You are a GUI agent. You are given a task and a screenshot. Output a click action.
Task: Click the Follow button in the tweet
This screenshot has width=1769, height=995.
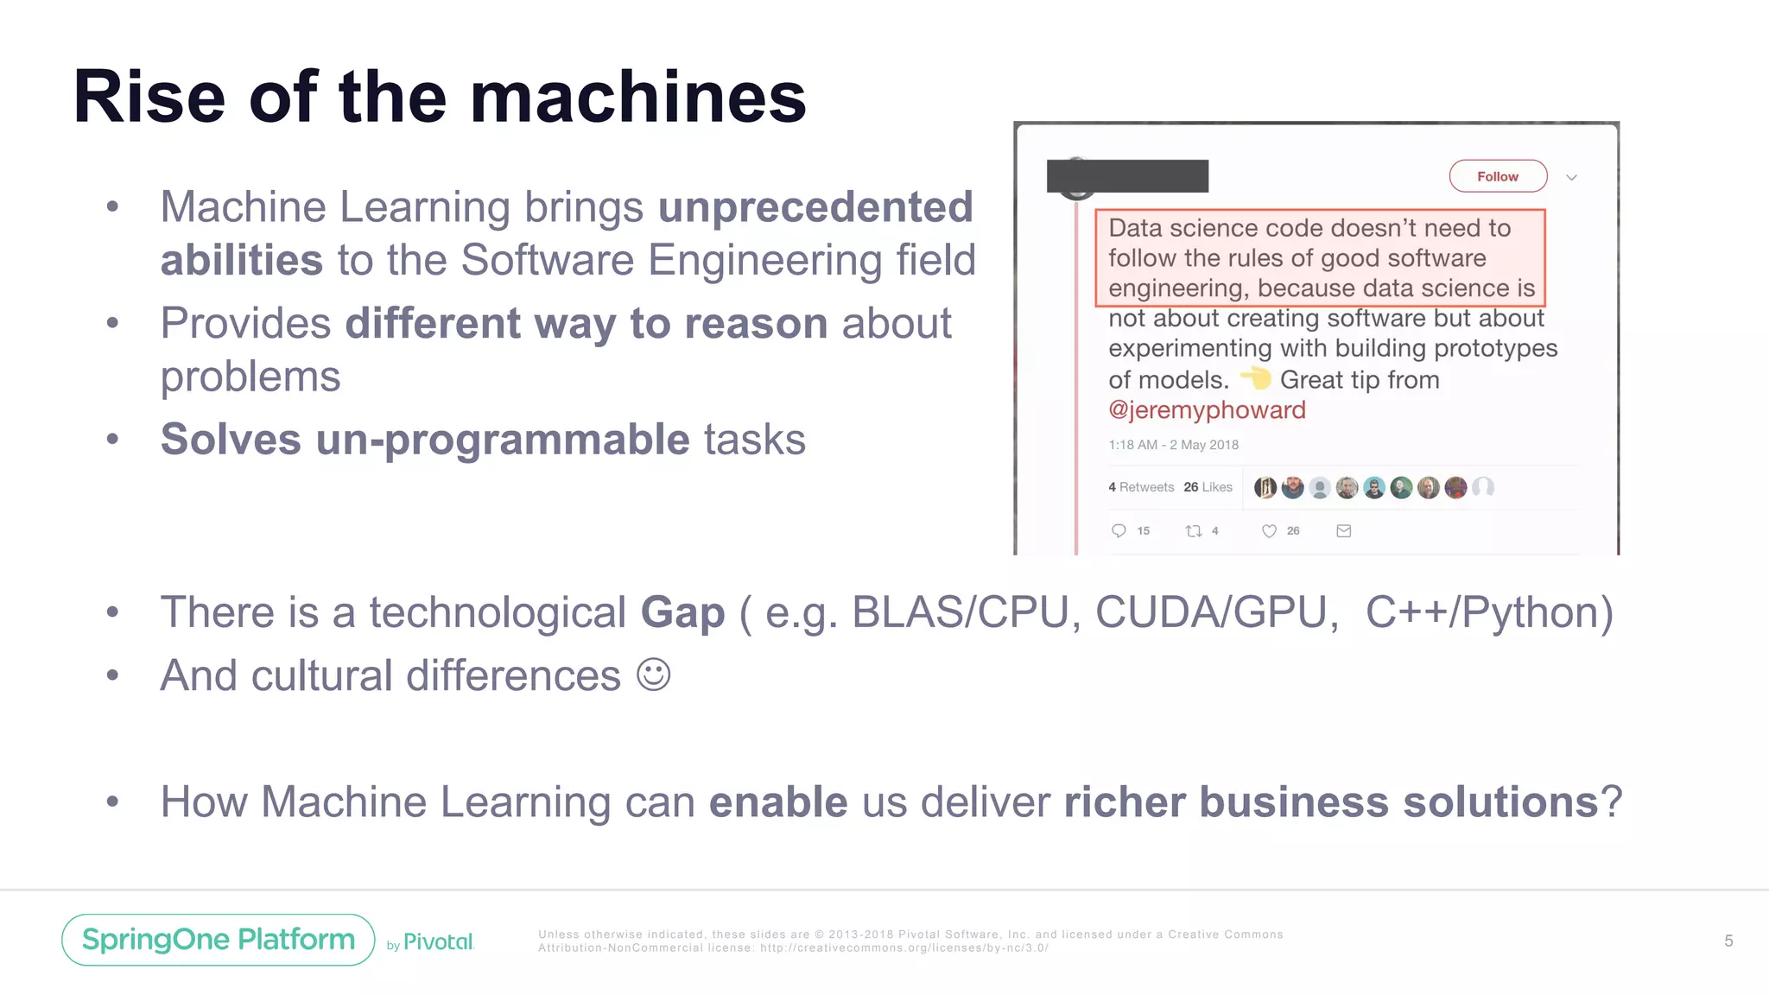[1497, 176]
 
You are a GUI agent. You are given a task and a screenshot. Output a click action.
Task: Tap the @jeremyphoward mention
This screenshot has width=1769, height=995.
[1207, 409]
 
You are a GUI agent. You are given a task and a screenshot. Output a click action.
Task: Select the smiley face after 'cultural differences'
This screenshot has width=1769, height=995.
[653, 675]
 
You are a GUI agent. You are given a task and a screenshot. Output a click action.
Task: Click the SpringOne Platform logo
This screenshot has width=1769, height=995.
[219, 939]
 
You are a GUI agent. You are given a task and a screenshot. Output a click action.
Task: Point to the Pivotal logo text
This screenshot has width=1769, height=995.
[438, 942]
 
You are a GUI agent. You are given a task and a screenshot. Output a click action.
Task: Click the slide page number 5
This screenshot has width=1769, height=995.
[1728, 941]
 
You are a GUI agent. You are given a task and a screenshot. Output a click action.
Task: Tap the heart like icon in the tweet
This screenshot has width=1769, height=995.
[1269, 531]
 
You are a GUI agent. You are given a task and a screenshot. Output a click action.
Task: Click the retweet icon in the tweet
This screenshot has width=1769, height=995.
[1194, 531]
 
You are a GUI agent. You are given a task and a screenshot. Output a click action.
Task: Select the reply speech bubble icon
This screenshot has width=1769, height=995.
[1119, 530]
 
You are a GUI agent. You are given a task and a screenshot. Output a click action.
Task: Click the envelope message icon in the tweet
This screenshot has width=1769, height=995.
[1344, 531]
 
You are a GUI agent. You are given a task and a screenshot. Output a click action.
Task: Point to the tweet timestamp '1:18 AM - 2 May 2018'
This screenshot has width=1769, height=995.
[1173, 445]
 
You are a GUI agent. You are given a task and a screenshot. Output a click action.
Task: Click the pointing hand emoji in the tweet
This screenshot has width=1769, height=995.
[1256, 378]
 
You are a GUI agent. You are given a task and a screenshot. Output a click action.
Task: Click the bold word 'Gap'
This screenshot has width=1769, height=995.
[682, 612]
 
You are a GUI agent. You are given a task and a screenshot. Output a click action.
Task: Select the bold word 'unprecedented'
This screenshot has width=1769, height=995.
[815, 207]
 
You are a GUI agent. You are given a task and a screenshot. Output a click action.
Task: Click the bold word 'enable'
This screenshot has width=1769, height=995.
[778, 802]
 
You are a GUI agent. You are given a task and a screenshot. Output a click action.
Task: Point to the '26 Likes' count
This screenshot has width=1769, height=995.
[1208, 487]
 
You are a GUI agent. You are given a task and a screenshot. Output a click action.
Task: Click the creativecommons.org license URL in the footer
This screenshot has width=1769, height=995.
[904, 948]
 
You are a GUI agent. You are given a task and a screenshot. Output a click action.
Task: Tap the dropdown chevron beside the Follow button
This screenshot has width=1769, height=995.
[1571, 178]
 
